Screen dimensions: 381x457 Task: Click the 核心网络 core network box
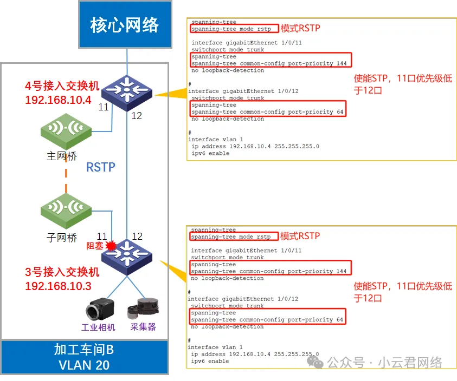pos(125,24)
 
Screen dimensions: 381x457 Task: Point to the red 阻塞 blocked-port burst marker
pos(112,245)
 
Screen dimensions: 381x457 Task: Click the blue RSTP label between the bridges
pos(101,167)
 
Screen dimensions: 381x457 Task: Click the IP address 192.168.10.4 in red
pos(57,100)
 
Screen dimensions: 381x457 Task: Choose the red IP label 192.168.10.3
pos(57,286)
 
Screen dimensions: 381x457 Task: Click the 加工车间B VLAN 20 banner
pos(84,357)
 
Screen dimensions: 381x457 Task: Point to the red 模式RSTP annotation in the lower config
pos(300,236)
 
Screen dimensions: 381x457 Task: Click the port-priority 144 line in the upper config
pos(269,63)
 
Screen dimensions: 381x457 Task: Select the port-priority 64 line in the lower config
pos(267,320)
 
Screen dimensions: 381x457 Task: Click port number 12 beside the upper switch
pos(136,115)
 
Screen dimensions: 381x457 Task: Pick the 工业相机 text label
pos(96,327)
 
